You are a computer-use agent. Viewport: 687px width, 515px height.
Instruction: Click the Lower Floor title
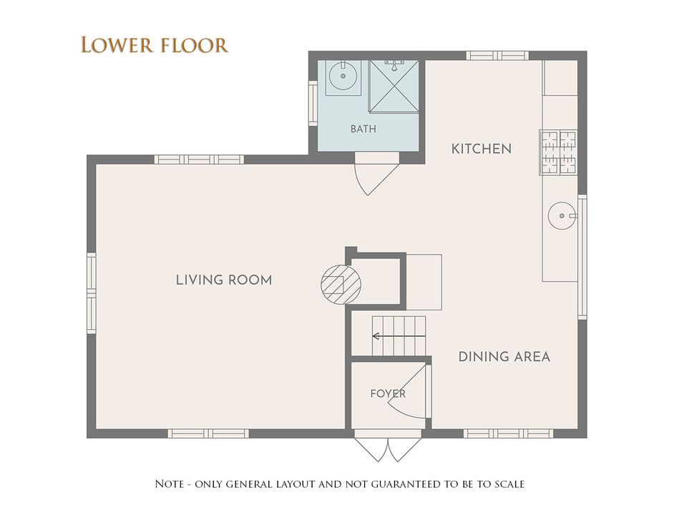[x=155, y=45]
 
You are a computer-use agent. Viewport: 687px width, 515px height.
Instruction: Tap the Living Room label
[x=224, y=280]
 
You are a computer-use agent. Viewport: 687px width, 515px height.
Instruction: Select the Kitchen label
[x=482, y=149]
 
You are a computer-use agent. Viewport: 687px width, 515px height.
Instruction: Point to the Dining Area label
[x=505, y=357]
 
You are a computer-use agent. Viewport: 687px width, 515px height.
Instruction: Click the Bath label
[x=364, y=129]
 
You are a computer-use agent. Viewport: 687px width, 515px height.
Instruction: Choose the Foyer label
[x=388, y=393]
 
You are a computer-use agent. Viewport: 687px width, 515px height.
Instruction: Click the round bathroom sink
[x=343, y=76]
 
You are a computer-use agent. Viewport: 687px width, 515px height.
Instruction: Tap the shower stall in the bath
[x=394, y=87]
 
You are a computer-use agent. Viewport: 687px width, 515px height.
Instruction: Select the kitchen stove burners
[x=559, y=152]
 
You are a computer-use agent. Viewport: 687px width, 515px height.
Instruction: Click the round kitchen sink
[x=562, y=215]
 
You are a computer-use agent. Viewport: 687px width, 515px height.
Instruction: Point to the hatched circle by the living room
[x=341, y=285]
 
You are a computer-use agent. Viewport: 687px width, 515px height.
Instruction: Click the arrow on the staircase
[x=399, y=336]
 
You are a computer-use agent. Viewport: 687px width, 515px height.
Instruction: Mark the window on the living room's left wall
[x=91, y=293]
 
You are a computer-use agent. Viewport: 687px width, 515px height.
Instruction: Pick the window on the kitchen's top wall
[x=497, y=56]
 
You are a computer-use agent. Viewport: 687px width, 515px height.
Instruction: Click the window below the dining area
[x=508, y=433]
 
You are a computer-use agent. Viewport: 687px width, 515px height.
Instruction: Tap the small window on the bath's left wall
[x=313, y=103]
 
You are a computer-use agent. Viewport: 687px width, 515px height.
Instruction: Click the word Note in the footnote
[x=170, y=484]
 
